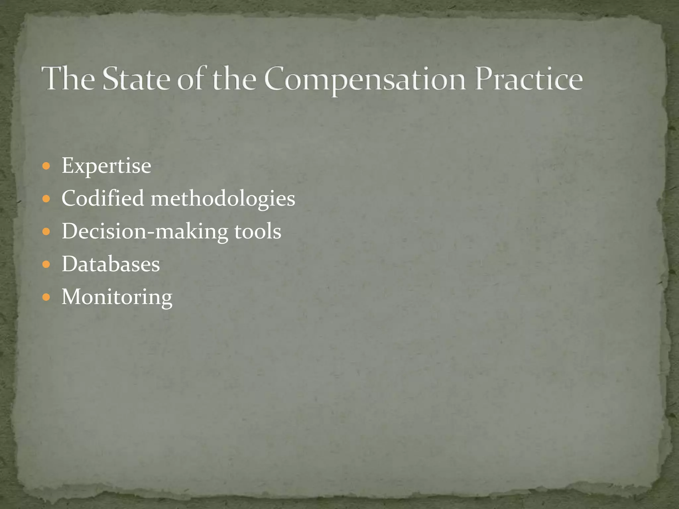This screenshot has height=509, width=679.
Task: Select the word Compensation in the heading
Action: pyautogui.click(x=365, y=80)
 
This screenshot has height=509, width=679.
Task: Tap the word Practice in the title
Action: pyautogui.click(x=528, y=79)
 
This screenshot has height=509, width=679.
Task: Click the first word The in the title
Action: pyautogui.click(x=68, y=79)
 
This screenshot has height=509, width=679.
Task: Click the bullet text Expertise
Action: pyautogui.click(x=106, y=166)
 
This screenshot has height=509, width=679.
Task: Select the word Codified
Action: pyautogui.click(x=103, y=198)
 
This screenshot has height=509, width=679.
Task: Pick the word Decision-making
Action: pyautogui.click(x=145, y=231)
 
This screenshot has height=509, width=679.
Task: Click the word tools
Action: pyautogui.click(x=258, y=231)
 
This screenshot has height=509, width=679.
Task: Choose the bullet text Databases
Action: pyautogui.click(x=111, y=264)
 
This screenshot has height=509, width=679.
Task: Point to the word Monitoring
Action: pyautogui.click(x=117, y=297)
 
